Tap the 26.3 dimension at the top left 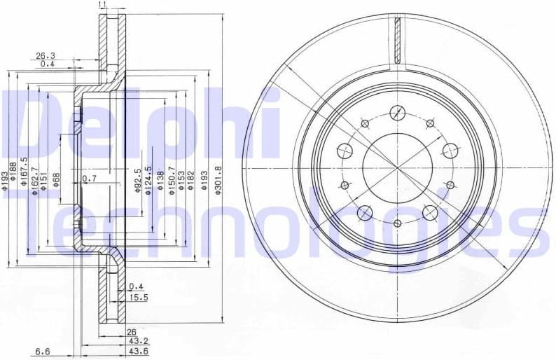(x=46, y=55)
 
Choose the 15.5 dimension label (x=137, y=298)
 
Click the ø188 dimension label (x=15, y=181)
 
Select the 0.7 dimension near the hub (x=89, y=179)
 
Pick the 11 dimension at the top (x=103, y=5)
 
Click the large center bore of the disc (x=397, y=167)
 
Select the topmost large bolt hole (x=397, y=112)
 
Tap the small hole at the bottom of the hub (x=397, y=223)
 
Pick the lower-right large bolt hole (x=429, y=212)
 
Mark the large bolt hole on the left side (x=345, y=151)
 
